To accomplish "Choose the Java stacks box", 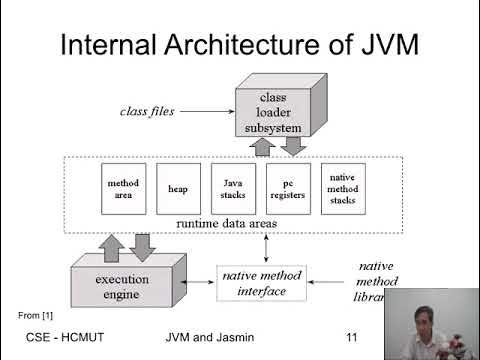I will click(231, 189).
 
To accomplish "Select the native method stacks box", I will click(343, 189).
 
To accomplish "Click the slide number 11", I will click(350, 338).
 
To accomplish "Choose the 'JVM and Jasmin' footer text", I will click(209, 338).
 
